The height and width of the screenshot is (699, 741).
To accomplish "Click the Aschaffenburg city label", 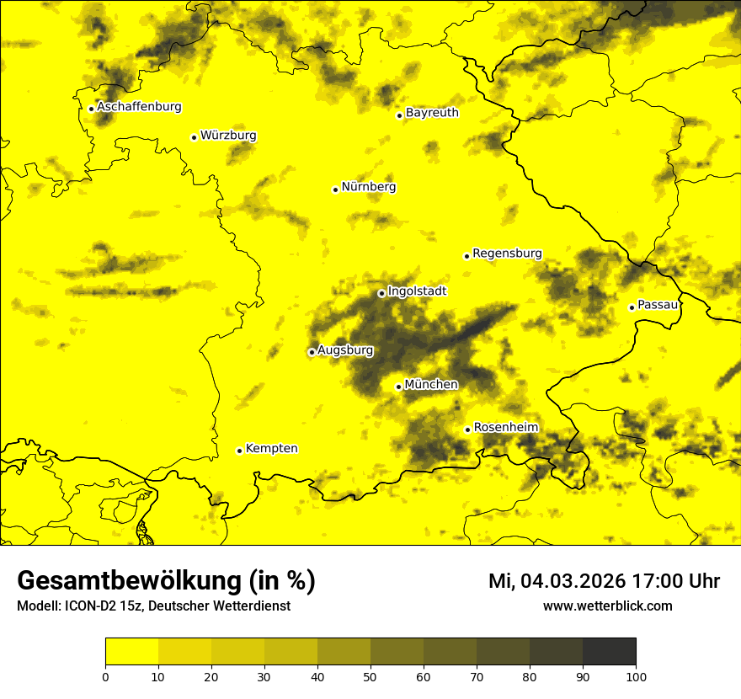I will point(139,107).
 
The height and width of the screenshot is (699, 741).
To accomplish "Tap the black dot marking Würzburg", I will point(194,137).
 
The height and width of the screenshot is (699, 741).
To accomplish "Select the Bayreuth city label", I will point(432,113).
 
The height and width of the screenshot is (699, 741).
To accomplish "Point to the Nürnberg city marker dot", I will point(335,189).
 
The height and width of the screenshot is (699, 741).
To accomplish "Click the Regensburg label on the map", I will point(507,253).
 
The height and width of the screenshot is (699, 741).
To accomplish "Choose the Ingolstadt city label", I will point(417,291).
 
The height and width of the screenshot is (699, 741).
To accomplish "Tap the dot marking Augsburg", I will point(312,352).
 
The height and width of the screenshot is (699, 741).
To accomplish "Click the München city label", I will point(431,385).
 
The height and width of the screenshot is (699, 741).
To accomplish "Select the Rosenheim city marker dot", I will point(467,430).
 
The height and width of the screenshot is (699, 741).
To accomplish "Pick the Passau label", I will point(658,305).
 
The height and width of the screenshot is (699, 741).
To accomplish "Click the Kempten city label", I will point(271,449).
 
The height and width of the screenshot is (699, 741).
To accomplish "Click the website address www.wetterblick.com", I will point(607,606).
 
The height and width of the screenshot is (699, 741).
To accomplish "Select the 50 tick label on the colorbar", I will point(370,676).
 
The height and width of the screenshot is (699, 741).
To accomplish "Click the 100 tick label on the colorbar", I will point(636,676).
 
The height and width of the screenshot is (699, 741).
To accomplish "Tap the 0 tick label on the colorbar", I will point(105,676).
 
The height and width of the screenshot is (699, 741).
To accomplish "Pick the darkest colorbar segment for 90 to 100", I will point(609,652).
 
